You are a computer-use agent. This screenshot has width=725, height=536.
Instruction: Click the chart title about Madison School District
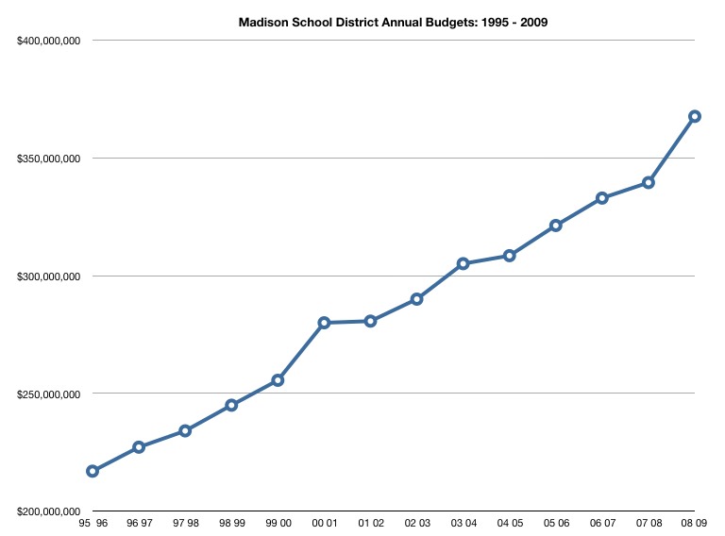(x=393, y=22)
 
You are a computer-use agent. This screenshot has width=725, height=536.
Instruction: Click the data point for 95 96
(x=93, y=471)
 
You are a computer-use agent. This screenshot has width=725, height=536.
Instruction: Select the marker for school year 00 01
(x=324, y=323)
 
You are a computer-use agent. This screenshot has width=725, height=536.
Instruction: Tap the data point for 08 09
(x=695, y=116)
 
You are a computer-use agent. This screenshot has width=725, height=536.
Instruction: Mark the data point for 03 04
(x=463, y=263)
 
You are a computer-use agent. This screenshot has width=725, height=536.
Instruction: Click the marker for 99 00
(x=278, y=380)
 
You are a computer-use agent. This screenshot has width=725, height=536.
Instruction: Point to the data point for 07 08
(x=649, y=182)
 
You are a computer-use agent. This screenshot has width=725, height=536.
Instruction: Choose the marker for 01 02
(x=370, y=321)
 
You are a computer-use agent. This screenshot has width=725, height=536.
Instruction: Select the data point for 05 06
(x=556, y=226)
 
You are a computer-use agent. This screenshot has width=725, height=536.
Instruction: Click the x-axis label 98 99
(x=231, y=522)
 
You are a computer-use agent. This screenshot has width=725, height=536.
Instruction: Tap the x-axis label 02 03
(x=416, y=522)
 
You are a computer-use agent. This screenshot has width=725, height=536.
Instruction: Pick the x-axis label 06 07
(x=601, y=522)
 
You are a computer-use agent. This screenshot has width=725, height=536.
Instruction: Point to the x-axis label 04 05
(x=509, y=522)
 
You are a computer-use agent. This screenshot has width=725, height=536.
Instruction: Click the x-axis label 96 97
(x=139, y=522)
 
